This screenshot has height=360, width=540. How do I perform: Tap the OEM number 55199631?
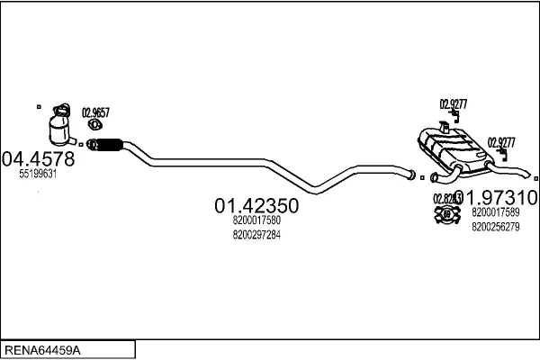tap(38, 175)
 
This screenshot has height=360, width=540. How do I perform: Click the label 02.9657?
tap(95, 112)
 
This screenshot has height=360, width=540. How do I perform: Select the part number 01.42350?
tap(256, 205)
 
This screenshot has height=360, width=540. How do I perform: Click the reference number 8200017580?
tap(256, 220)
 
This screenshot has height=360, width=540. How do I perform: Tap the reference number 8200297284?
tap(256, 235)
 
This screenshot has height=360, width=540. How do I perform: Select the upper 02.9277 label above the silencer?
tap(453, 103)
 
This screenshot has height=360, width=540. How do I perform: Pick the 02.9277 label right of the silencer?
tap(501, 141)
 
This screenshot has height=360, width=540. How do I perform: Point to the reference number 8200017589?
tap(495, 213)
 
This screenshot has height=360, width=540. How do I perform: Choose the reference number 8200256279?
tap(495, 227)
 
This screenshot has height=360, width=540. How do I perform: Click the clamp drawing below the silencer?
tap(444, 213)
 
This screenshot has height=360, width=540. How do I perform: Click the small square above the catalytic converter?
tap(39, 107)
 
